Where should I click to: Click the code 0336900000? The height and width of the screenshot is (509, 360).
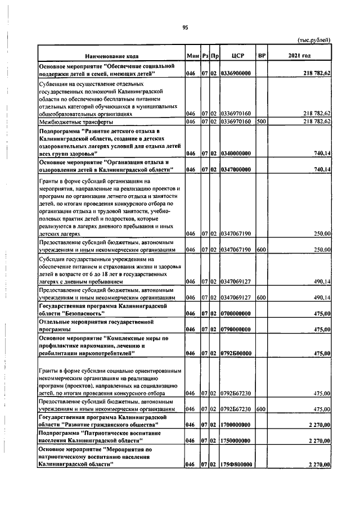click(236, 73)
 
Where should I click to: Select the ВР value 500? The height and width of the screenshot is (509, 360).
click(260, 121)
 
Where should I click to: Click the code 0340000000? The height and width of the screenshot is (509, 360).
click(236, 153)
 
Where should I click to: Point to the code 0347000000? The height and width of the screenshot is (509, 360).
click(236, 169)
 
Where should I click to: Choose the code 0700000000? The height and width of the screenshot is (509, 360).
click(236, 313)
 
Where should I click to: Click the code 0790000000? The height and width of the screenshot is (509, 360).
click(236, 329)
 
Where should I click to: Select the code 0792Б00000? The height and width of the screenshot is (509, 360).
click(236, 353)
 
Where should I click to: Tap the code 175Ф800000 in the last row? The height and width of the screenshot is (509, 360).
click(236, 465)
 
